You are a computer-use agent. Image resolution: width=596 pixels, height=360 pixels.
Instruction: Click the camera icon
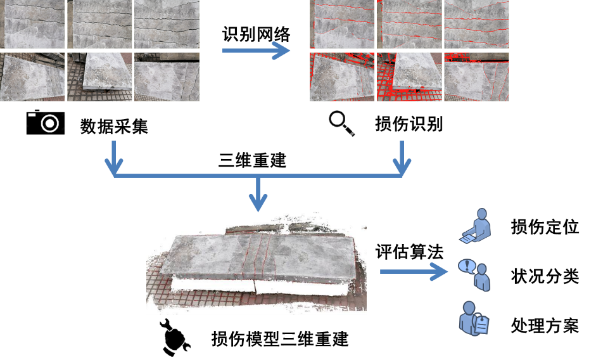tap(45, 122)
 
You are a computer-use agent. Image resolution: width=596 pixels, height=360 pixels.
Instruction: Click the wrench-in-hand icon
tap(174, 337)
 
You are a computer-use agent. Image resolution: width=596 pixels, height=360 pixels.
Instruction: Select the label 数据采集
tap(114, 126)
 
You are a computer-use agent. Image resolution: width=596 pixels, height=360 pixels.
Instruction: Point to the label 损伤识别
tap(409, 124)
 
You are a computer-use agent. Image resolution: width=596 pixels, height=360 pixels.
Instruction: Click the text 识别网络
tap(256, 35)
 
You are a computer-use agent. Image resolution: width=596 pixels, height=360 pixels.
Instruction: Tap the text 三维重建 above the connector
tap(252, 160)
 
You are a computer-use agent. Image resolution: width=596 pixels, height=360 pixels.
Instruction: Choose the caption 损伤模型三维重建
tap(280, 339)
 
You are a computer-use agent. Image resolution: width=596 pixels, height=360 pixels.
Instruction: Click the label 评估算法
tap(409, 252)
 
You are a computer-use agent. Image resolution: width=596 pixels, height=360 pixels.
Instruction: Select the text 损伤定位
tap(545, 227)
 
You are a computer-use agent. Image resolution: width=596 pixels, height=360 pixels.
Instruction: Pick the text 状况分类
tap(545, 276)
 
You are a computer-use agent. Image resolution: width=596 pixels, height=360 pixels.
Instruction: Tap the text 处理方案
tap(545, 326)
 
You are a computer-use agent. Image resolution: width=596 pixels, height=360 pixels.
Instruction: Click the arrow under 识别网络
tap(256, 50)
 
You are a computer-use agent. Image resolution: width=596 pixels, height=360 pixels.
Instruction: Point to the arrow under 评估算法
tap(414, 271)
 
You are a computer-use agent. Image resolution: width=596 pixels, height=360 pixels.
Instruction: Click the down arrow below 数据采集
tap(113, 158)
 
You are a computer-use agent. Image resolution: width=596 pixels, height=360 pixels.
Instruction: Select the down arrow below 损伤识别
tap(402, 158)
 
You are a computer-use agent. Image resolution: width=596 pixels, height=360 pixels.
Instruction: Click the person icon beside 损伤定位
tap(476, 226)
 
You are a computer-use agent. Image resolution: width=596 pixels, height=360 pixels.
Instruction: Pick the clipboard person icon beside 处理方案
tap(473, 319)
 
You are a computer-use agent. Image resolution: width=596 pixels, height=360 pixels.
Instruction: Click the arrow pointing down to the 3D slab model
tap(258, 195)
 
